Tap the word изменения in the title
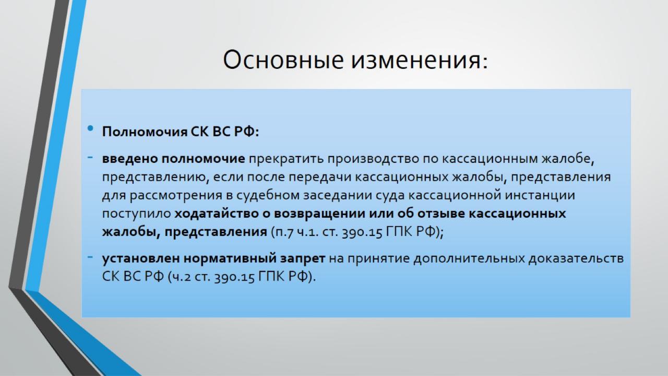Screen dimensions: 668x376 419,60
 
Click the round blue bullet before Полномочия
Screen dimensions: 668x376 90,128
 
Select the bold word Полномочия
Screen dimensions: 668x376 145,132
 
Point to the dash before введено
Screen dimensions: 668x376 90,157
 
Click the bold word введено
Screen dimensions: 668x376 130,159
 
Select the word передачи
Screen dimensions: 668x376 320,177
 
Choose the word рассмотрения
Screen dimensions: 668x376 176,196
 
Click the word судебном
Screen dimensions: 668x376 268,195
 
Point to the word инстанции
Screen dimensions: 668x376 540,195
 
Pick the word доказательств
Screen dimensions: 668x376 576,258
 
